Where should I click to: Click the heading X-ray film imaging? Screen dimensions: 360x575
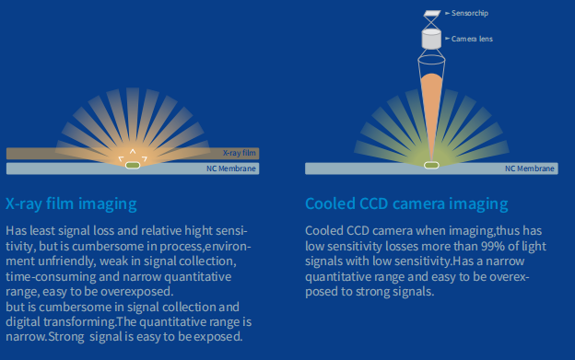71,203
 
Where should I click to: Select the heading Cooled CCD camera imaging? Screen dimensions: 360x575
406,203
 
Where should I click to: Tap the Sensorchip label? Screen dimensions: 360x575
469,15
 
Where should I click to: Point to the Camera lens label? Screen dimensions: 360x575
471,39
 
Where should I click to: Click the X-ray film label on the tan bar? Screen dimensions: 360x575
240,153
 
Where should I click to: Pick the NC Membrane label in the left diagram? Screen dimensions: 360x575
231,169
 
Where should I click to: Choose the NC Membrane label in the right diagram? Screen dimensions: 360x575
530,169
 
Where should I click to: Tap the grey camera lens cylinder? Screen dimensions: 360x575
430,39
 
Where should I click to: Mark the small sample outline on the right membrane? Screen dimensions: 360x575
430,165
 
